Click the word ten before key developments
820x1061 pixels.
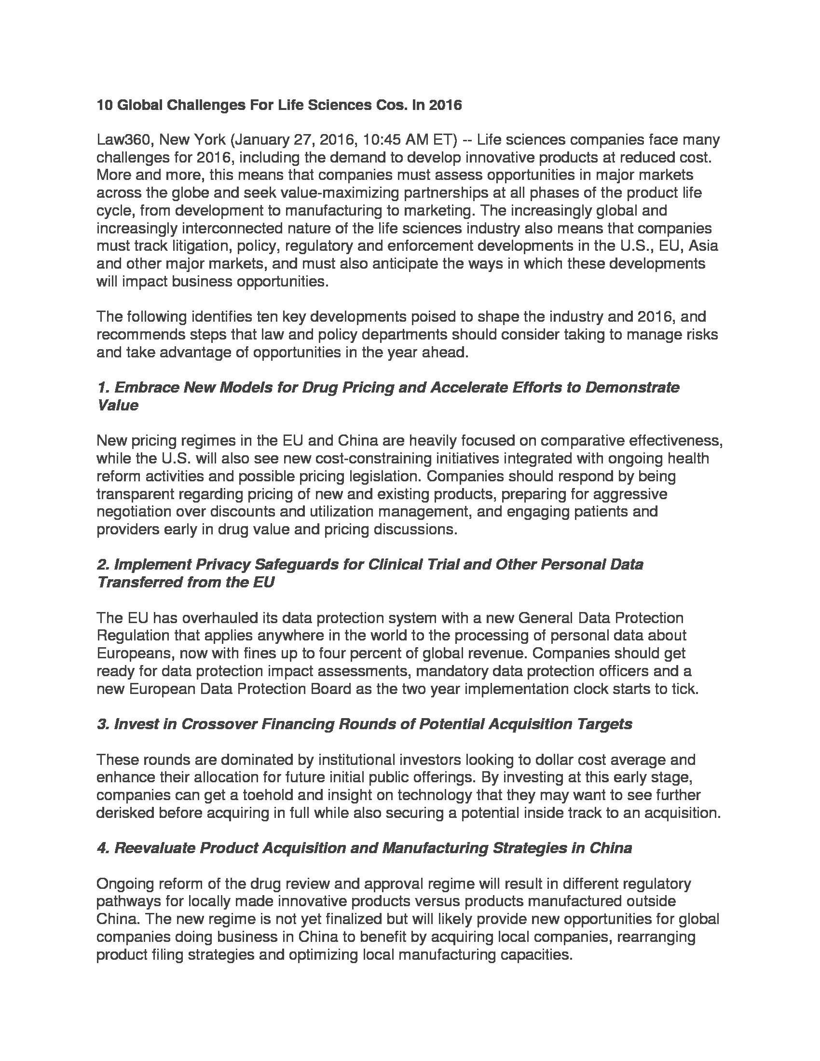pyautogui.click(x=267, y=317)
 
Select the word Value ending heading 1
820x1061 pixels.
pyautogui.click(x=118, y=405)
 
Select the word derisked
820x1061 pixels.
pyautogui.click(x=125, y=812)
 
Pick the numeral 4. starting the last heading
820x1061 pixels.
pyautogui.click(x=103, y=848)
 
